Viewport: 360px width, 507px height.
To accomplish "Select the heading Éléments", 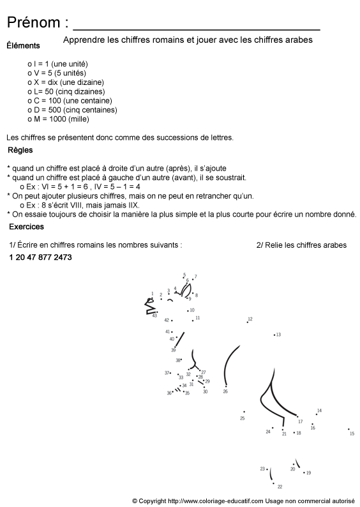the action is tap(23, 45).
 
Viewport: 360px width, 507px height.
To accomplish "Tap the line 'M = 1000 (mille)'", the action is tap(61, 119).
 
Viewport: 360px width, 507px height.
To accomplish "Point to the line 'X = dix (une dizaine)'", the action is tap(68, 82).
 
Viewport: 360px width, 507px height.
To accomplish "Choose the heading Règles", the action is tap(21, 151).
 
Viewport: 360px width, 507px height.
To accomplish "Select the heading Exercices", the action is tap(26, 227).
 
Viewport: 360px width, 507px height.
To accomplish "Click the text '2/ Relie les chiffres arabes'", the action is tap(301, 245).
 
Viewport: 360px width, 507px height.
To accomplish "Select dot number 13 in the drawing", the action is tap(274, 335).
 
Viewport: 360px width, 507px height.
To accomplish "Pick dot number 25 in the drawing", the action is tap(244, 412).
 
